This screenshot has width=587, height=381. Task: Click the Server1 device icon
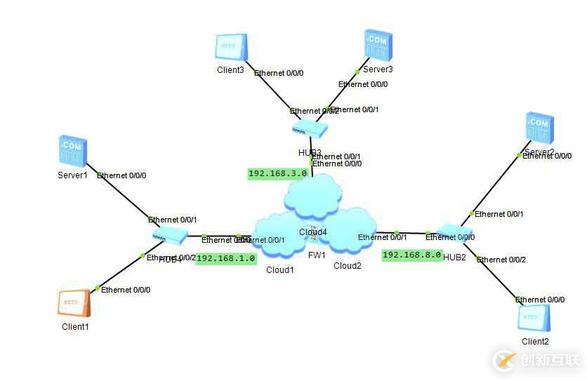click(72, 152)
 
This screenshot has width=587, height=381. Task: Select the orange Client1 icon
click(74, 304)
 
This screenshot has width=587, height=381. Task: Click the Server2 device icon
click(541, 130)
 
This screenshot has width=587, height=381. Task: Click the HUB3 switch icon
click(310, 128)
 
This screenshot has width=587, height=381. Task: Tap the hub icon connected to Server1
click(170, 236)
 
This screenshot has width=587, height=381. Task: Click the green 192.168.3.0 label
click(277, 173)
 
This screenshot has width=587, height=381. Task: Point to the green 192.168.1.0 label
click(225, 258)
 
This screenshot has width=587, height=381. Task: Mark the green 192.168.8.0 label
click(412, 255)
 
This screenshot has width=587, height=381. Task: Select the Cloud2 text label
click(347, 266)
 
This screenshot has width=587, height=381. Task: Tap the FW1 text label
click(317, 255)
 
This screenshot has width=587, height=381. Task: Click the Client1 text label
click(75, 327)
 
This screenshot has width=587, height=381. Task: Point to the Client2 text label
click(535, 342)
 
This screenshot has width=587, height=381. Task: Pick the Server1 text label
click(72, 175)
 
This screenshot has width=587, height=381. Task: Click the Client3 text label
click(230, 70)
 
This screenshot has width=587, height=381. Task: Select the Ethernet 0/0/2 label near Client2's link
click(501, 260)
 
